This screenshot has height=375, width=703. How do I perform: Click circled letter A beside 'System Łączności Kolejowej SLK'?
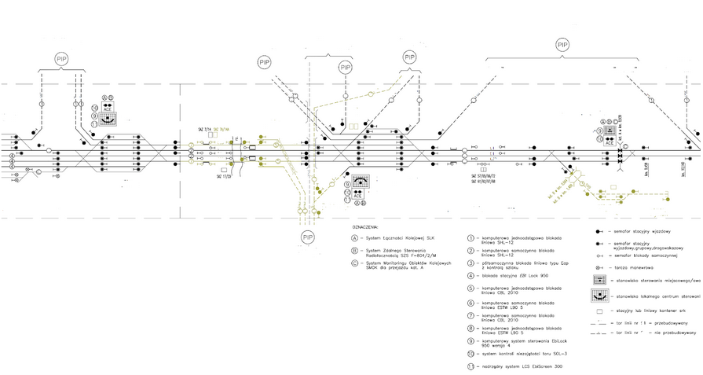[354, 237]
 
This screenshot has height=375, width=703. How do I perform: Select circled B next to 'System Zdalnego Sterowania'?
[354, 251]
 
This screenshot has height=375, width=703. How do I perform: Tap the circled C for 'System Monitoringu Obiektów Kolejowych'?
[354, 263]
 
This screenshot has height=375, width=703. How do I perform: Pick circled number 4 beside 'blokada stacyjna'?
[470, 276]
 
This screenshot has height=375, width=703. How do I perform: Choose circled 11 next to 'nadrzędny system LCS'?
[470, 367]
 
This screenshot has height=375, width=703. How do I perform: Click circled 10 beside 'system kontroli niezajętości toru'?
[470, 355]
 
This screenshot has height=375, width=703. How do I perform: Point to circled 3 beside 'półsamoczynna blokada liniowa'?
[470, 263]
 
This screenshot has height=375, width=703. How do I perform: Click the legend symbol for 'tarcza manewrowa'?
[599, 268]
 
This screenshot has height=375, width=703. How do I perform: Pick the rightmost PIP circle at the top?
[562, 46]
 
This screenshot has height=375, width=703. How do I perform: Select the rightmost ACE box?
[609, 142]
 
